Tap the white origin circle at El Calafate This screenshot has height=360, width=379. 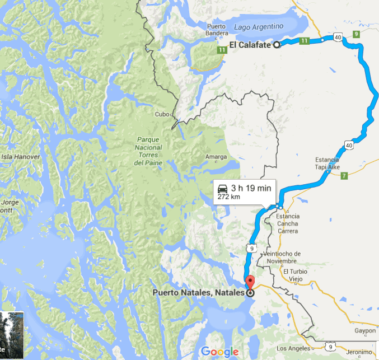pos(277,46)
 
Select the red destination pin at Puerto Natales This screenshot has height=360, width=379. pos(250,282)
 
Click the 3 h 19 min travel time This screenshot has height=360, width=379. pos(251,188)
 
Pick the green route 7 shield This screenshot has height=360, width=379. pos(344,176)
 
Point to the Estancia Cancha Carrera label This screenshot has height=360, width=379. pos(288,223)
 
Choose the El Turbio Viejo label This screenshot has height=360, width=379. pos(297,275)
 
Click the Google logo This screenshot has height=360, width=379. pos(219,352)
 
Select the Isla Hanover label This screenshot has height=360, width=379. pos(21,157)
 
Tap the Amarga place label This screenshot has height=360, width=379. pos(216,157)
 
